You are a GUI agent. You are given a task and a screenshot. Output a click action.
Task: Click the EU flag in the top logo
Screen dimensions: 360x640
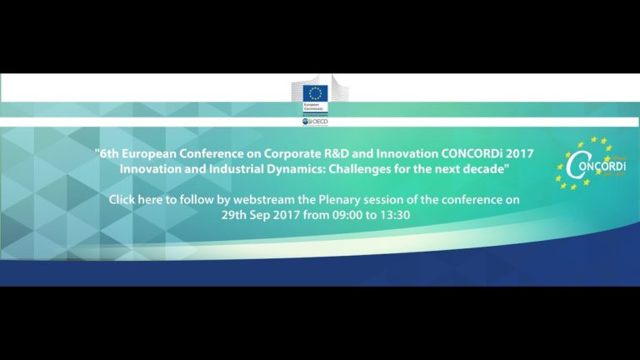point(314,92)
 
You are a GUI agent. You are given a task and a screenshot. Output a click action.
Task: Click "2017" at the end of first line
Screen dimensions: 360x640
point(518,153)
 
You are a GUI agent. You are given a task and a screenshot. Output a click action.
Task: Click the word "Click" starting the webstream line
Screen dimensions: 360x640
point(126,200)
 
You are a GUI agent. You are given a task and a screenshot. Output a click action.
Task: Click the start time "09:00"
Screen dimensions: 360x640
point(318,216)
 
